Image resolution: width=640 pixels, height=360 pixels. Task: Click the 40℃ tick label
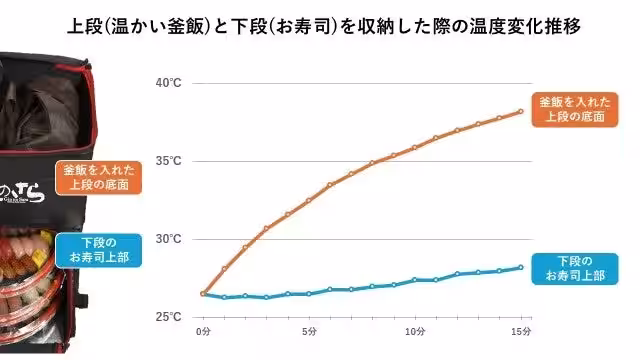click(x=168, y=83)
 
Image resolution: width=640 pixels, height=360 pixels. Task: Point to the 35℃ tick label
click(x=168, y=161)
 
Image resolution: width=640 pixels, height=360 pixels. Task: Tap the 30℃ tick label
click(x=168, y=239)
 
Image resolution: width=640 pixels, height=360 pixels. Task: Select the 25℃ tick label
click(x=168, y=317)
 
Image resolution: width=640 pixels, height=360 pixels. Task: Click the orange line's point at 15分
click(x=520, y=111)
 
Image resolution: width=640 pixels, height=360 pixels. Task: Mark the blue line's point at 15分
click(x=520, y=267)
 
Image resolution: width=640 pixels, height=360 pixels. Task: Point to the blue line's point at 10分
click(x=414, y=280)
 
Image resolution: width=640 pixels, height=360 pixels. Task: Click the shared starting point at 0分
click(x=204, y=294)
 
